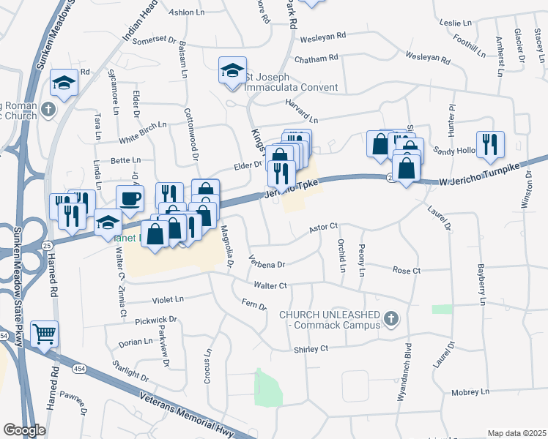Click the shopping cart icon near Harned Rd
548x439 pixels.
point(45,334)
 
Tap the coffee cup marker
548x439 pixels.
point(130,198)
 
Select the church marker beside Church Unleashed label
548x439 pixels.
point(390,318)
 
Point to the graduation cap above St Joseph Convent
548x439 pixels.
point(232,71)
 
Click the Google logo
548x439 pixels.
point(24,429)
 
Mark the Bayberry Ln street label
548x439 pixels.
point(481,285)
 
